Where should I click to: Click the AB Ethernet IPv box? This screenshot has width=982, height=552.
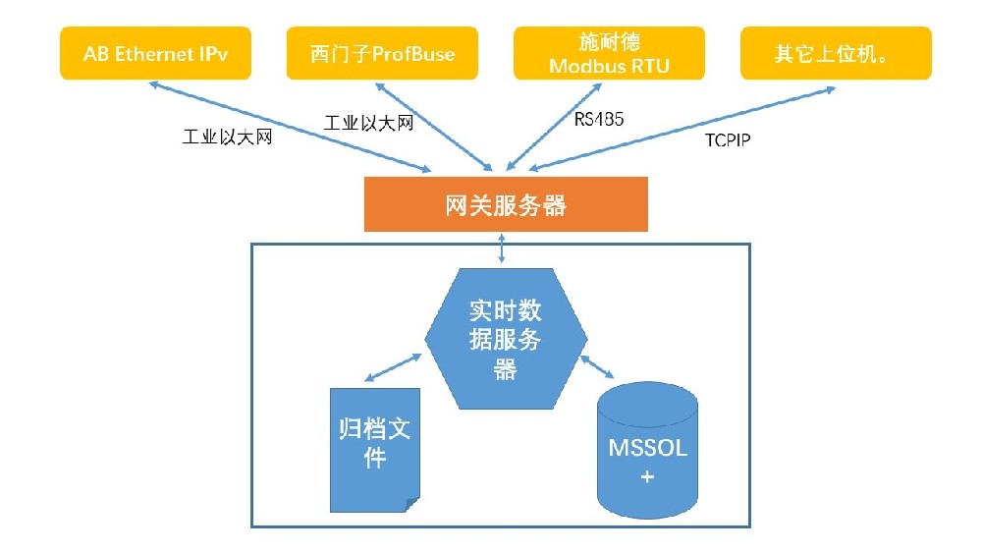click(x=156, y=53)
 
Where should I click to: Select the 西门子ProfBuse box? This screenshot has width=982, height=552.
click(x=383, y=53)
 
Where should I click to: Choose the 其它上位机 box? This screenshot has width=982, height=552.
click(x=835, y=53)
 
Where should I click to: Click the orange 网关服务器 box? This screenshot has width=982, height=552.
click(x=506, y=204)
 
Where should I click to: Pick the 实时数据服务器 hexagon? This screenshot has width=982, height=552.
click(x=506, y=339)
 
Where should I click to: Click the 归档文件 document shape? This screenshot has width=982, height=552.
click(x=374, y=447)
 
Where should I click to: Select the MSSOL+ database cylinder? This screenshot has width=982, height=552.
click(x=647, y=452)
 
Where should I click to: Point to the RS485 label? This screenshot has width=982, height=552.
click(x=599, y=120)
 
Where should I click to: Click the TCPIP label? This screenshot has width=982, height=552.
click(x=728, y=140)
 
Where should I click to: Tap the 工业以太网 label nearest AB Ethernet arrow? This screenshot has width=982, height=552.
click(x=227, y=138)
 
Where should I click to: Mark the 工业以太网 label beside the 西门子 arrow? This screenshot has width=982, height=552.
click(x=368, y=123)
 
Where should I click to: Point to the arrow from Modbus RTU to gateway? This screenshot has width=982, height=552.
click(x=556, y=126)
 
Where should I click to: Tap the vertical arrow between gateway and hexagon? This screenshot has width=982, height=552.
click(x=503, y=248)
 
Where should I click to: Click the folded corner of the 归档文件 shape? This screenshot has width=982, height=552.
click(x=413, y=504)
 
